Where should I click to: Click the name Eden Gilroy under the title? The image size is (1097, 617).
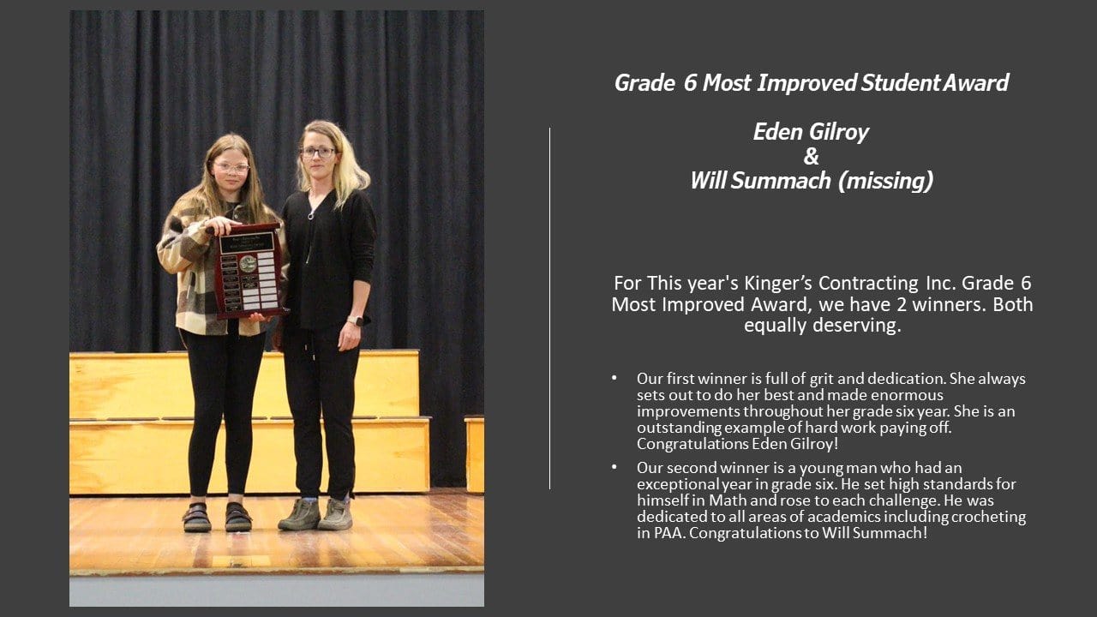pyautogui.click(x=811, y=132)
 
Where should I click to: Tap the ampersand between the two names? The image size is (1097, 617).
pyautogui.click(x=811, y=157)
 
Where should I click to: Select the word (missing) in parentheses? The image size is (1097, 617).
pyautogui.click(x=885, y=181)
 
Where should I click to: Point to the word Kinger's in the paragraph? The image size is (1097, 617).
pyautogui.click(x=778, y=284)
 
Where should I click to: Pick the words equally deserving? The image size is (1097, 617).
pyautogui.click(x=822, y=326)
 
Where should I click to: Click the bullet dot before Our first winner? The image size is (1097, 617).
pyautogui.click(x=614, y=378)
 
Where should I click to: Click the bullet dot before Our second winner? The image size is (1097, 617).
pyautogui.click(x=614, y=467)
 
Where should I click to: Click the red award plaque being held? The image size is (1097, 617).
pyautogui.click(x=249, y=271)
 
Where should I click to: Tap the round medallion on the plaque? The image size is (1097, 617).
pyautogui.click(x=248, y=263)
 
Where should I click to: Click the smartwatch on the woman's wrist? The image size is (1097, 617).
pyautogui.click(x=356, y=321)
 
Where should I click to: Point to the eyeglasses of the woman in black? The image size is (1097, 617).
pyautogui.click(x=317, y=153)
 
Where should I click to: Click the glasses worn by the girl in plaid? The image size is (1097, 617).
pyautogui.click(x=231, y=167)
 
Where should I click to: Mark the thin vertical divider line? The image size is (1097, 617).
pyautogui.click(x=550, y=308)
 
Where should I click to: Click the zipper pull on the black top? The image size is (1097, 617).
pyautogui.click(x=311, y=215)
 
